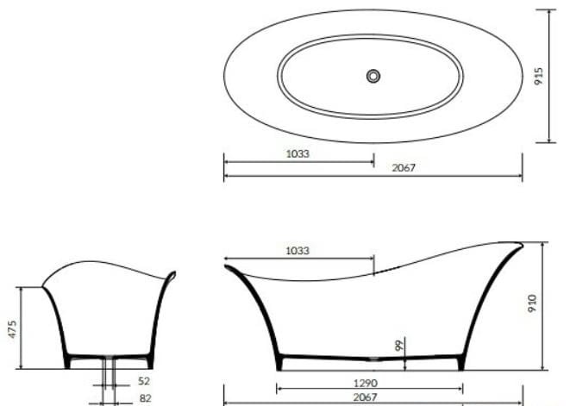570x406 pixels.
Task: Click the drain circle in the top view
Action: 373,76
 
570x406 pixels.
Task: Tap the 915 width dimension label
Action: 539,76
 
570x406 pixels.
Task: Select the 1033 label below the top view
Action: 298,154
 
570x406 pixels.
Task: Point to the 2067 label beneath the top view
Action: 404,167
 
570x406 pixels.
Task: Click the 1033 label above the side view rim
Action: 298,251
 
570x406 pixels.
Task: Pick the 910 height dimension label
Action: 532,303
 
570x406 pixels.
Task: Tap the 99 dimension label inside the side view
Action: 399,346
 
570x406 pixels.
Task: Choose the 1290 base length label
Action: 366,383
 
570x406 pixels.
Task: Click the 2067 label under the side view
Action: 366,397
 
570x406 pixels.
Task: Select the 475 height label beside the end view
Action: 12,329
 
